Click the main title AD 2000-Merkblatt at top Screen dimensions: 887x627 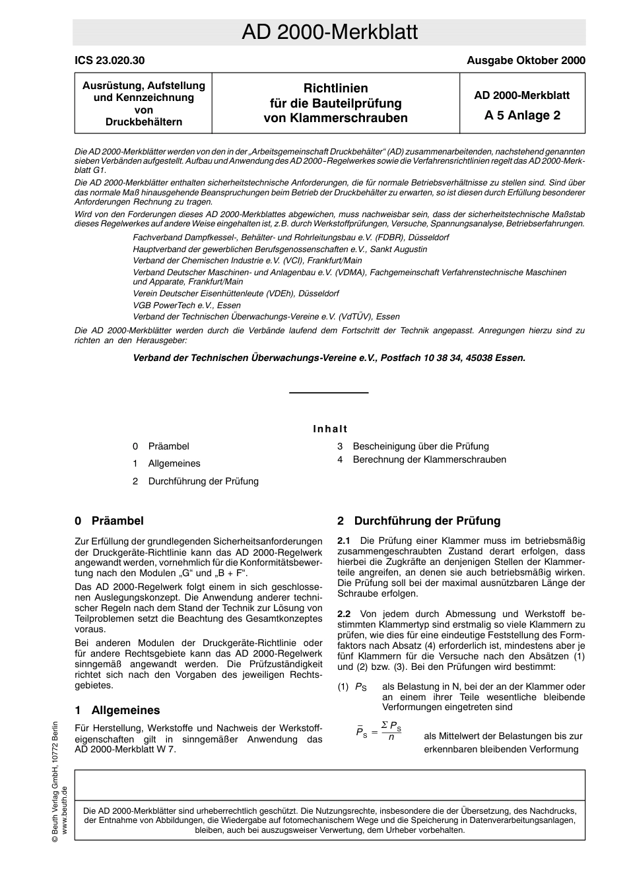(329, 32)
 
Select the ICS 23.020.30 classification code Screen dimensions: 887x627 (110, 60)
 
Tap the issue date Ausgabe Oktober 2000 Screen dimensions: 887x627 (525, 60)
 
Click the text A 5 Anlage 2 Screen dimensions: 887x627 (521, 115)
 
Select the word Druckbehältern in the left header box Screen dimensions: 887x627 (143, 122)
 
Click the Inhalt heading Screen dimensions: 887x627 (330, 429)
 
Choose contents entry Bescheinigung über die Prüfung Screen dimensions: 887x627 (420, 446)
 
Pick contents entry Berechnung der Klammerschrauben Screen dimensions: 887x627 (429, 459)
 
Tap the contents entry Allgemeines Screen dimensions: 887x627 (174, 463)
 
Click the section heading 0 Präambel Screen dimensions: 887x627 (110, 521)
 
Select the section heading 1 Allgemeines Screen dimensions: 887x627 (117, 710)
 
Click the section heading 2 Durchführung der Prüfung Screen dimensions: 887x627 (419, 521)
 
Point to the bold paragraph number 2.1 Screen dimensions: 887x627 (344, 541)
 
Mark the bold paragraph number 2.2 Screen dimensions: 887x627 (344, 614)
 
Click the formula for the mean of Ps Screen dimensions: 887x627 (379, 731)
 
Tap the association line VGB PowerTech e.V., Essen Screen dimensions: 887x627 (187, 305)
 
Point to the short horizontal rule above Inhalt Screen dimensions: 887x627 (329, 393)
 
